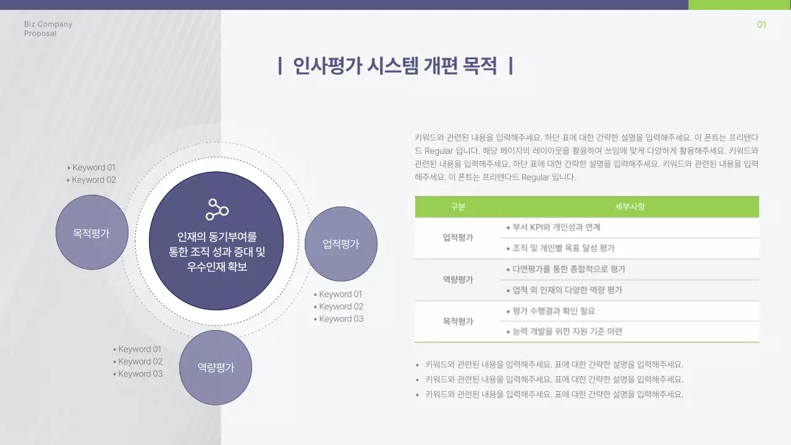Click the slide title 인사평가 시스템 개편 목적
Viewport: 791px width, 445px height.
point(395,66)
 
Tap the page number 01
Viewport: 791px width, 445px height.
point(761,25)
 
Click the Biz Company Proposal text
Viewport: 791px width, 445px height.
point(48,28)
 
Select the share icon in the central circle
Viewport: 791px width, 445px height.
point(217,210)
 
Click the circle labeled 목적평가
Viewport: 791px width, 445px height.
point(92,232)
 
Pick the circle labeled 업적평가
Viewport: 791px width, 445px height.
point(341,244)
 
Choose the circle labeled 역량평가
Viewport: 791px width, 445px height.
point(216,367)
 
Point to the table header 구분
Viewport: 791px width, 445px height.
point(458,207)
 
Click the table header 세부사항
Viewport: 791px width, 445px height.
point(629,207)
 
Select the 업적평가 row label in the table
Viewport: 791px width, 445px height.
point(458,237)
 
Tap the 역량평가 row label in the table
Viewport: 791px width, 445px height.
point(458,279)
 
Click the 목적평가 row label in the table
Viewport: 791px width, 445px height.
point(458,321)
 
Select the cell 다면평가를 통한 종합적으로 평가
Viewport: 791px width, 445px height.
point(568,269)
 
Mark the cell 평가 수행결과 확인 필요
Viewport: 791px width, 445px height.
point(553,311)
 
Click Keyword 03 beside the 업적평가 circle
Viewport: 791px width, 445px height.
point(341,319)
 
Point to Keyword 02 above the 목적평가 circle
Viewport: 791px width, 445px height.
point(93,180)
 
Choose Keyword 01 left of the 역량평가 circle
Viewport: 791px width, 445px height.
point(139,349)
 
